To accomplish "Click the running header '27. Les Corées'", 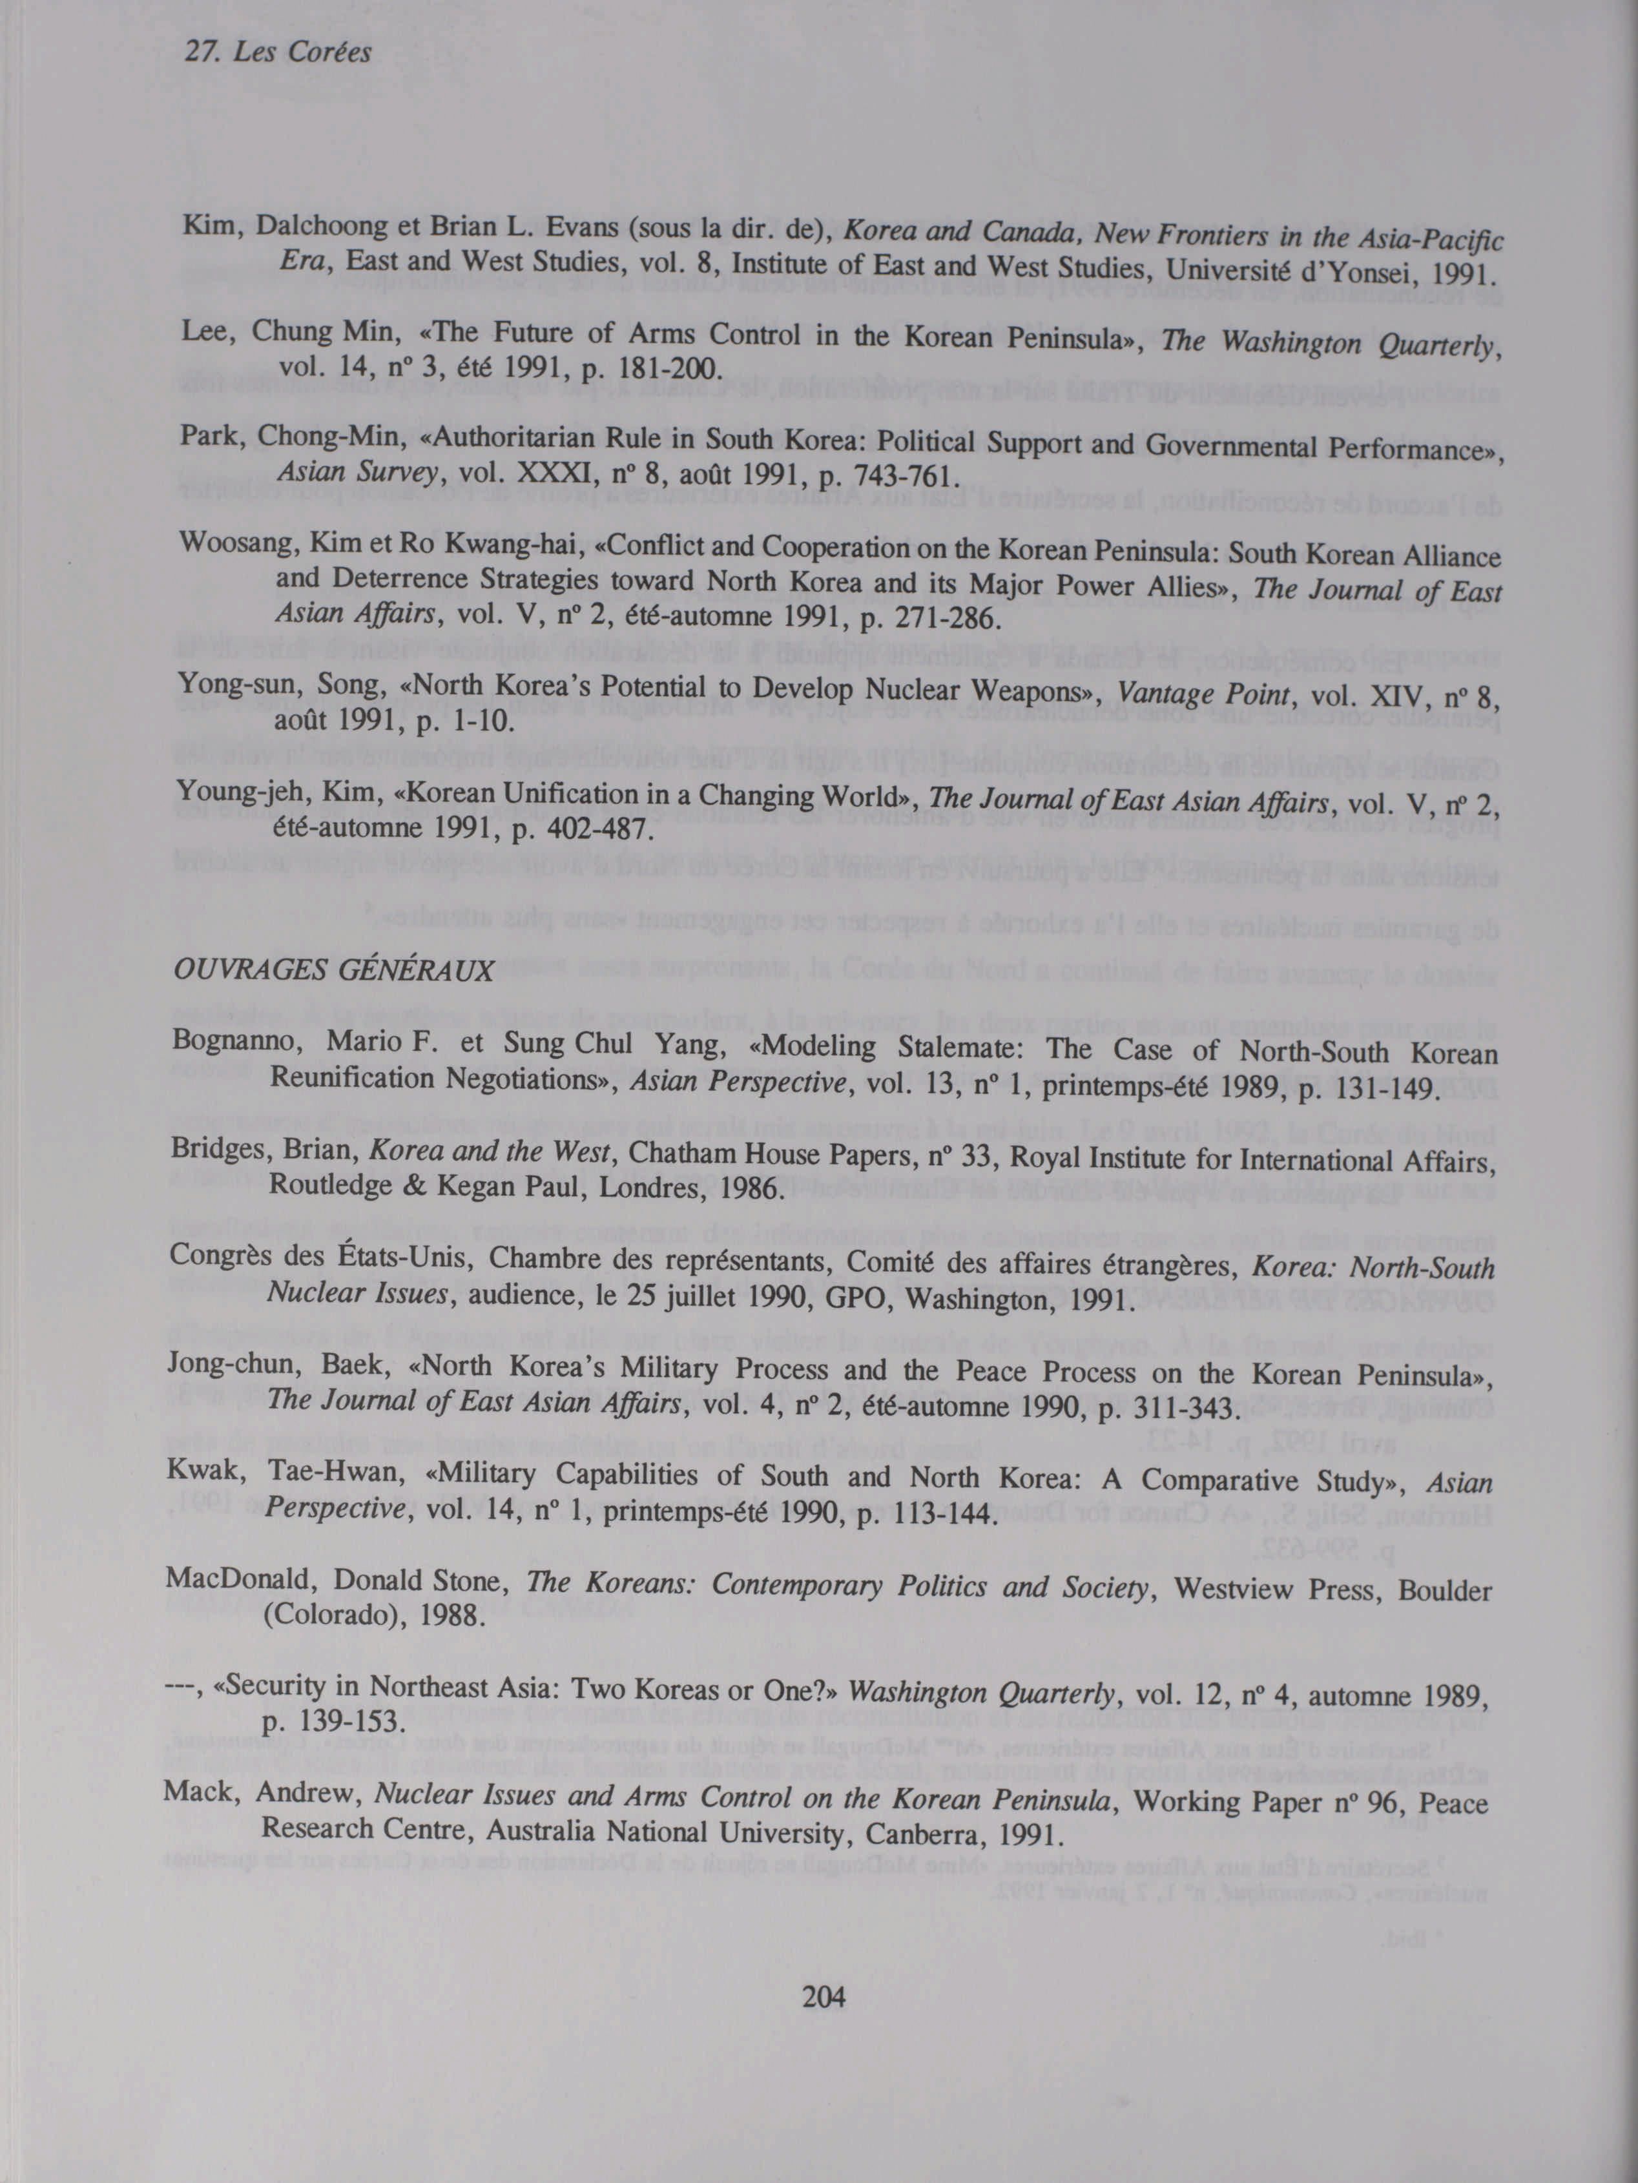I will point(278,51).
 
